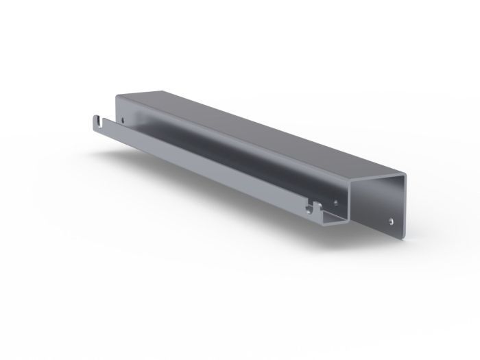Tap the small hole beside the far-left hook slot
pos(123,121)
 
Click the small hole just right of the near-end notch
pos(335,203)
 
